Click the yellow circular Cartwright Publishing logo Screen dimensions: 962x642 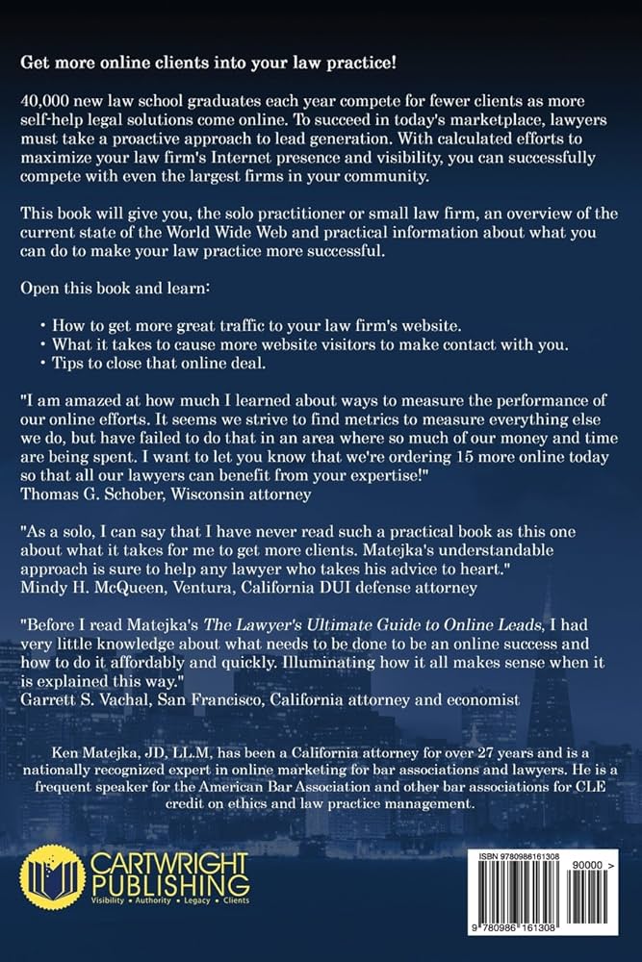click(52, 876)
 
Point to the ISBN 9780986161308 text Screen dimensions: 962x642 click(524, 855)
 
